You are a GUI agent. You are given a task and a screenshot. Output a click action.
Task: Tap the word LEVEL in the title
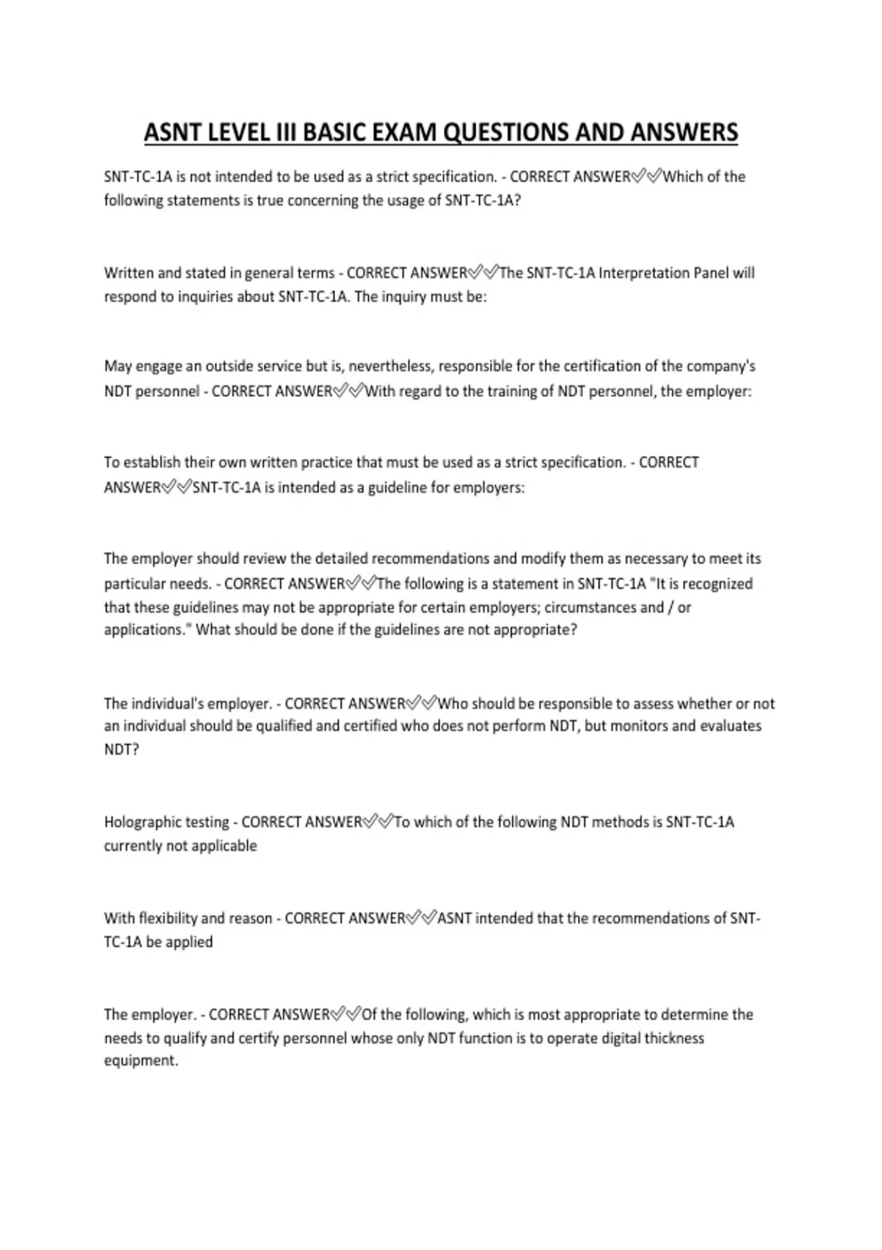tap(240, 132)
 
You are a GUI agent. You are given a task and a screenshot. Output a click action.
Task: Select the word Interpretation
tap(645, 273)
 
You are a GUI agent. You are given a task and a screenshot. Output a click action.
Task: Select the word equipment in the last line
tap(140, 1061)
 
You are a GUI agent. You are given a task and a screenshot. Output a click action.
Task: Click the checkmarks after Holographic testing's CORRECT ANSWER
tap(379, 821)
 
